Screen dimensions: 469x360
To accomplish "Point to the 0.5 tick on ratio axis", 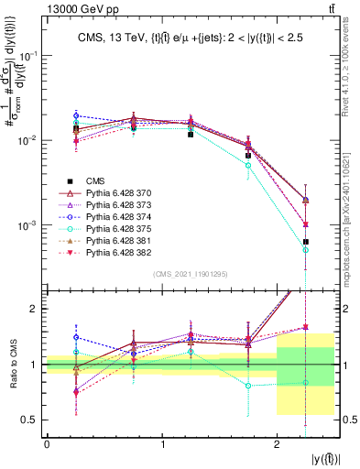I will coord(31,420).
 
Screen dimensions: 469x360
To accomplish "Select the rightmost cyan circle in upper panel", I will coord(306,249).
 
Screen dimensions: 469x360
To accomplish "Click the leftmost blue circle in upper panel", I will coord(76,116).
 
